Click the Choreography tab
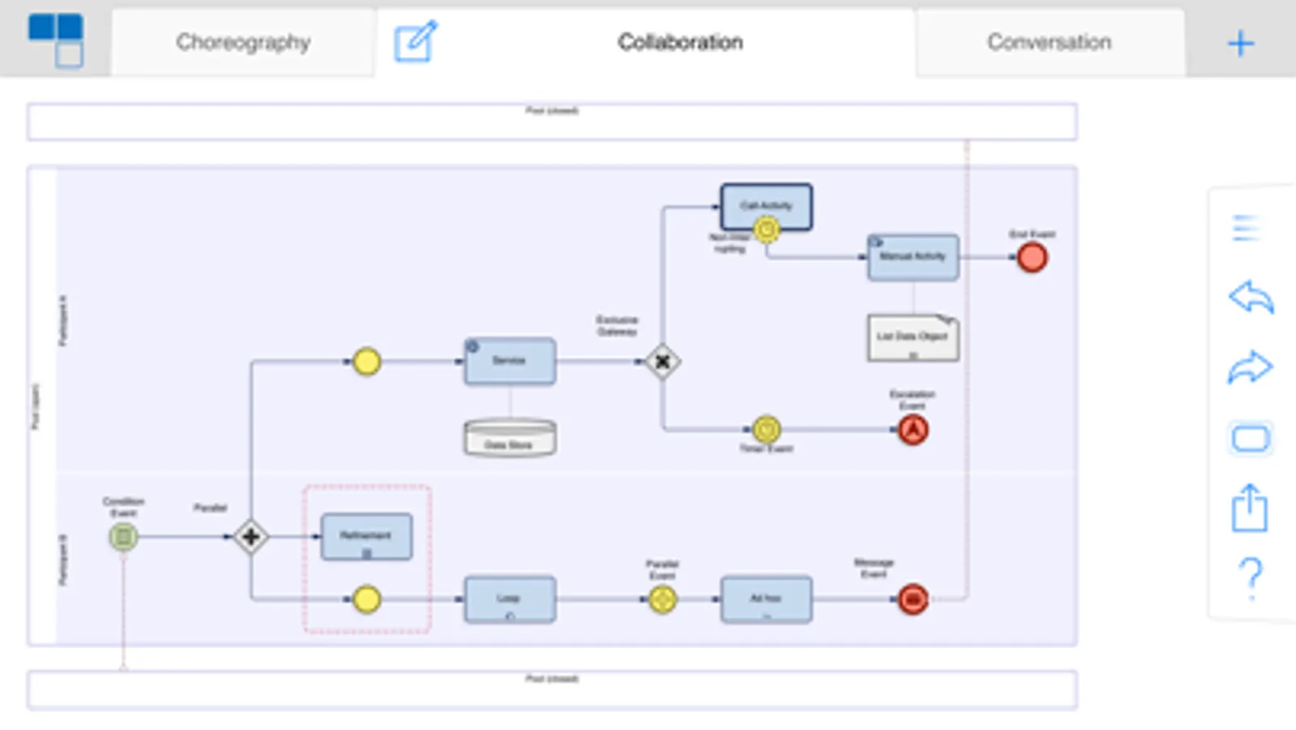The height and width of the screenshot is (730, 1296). click(242, 42)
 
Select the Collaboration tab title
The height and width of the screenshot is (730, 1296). click(680, 42)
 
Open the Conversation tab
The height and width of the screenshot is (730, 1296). click(1049, 42)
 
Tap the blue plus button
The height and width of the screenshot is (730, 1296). click(1240, 43)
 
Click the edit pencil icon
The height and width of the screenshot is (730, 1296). click(415, 41)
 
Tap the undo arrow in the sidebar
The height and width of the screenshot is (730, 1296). click(1251, 297)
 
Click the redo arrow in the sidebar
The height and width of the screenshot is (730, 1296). click(1251, 367)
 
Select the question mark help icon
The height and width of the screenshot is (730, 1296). click(1251, 577)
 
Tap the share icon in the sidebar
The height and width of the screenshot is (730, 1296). click(1250, 508)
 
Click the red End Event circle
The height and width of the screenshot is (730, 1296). click(1032, 258)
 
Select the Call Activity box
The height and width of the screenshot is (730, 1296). click(766, 206)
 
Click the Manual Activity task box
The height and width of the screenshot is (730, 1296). click(913, 257)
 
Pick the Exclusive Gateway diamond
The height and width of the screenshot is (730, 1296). click(662, 362)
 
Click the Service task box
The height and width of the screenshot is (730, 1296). click(510, 361)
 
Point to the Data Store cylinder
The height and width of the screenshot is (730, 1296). click(510, 438)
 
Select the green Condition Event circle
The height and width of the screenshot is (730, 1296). click(123, 537)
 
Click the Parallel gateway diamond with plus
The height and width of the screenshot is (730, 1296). click(250, 537)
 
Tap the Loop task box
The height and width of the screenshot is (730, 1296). click(510, 599)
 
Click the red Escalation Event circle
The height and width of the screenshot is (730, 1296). click(913, 430)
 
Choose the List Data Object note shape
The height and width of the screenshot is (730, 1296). click(913, 337)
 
